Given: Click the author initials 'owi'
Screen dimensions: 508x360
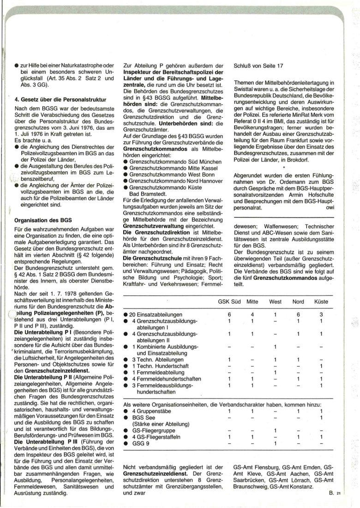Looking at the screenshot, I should click(330, 208).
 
